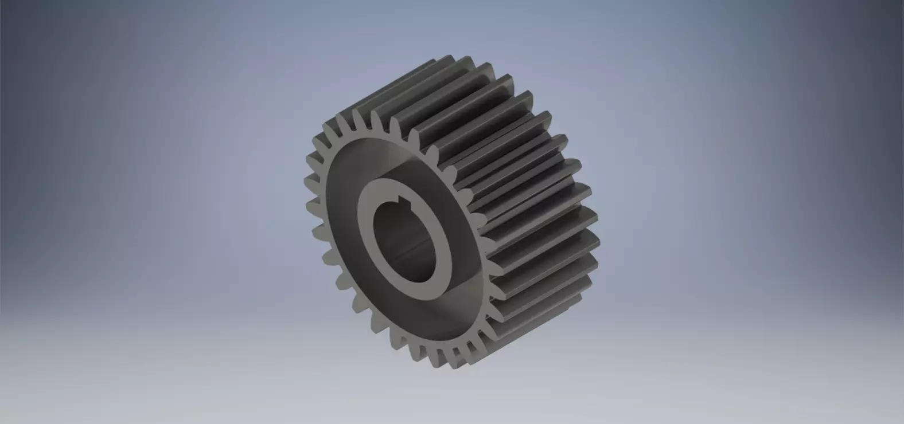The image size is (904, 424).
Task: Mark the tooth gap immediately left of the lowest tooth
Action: click(x=448, y=352)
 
